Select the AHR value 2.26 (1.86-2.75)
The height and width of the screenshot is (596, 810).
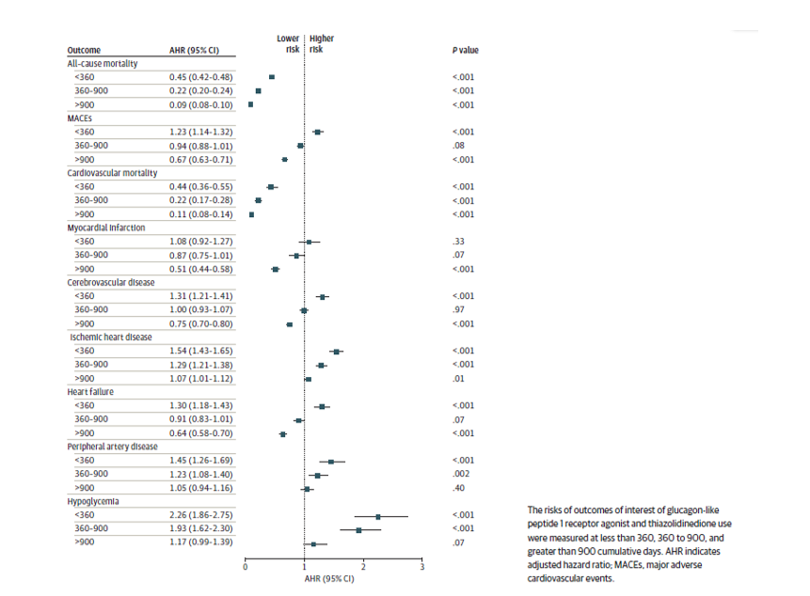(x=200, y=516)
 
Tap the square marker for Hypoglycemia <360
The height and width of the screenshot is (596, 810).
(x=378, y=516)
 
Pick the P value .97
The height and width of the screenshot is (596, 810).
(x=459, y=310)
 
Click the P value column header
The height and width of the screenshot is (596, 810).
(x=465, y=50)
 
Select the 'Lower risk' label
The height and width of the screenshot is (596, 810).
(x=288, y=43)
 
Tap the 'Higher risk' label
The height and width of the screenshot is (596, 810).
(x=322, y=43)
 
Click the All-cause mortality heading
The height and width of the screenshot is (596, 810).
(x=103, y=63)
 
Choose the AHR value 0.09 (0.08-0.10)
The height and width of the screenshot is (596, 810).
(x=200, y=104)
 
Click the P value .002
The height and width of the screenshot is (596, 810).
(x=461, y=475)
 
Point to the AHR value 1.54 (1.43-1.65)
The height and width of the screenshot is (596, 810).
(x=200, y=351)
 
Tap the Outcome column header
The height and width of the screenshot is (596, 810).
(x=85, y=50)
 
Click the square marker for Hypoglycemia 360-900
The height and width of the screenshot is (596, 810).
(x=358, y=530)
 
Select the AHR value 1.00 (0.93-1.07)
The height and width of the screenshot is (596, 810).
(x=200, y=310)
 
